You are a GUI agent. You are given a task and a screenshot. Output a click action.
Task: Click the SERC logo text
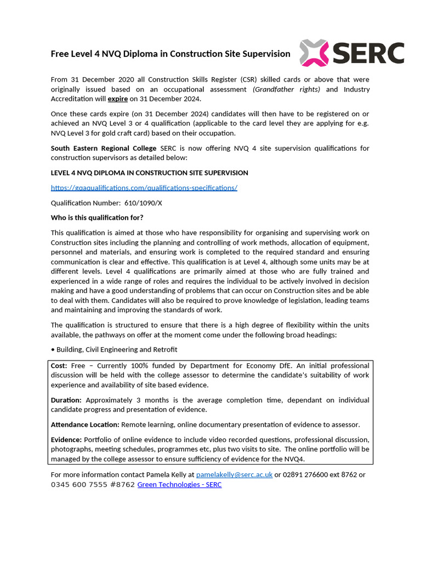coord(368,53)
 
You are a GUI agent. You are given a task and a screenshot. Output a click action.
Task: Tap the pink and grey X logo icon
coord(315,53)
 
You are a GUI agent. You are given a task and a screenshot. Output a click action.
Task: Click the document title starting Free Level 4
coord(170,54)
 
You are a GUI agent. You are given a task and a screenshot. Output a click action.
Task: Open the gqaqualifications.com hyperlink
coord(144,187)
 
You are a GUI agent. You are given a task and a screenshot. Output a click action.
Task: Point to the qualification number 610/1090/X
coord(143,203)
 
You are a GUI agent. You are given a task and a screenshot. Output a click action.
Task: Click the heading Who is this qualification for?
coord(97,217)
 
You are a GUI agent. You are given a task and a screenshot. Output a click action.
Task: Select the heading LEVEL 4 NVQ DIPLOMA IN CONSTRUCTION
coord(149,173)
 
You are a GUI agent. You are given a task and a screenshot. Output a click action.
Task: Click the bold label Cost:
coord(59,365)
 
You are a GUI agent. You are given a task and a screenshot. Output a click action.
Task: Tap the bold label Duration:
coord(66,400)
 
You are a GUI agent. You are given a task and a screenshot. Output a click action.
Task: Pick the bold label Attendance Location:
coord(85,425)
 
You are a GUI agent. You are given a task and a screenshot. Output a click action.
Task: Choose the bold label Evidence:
coord(66,439)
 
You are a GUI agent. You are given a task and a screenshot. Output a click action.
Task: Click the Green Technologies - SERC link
coord(179,485)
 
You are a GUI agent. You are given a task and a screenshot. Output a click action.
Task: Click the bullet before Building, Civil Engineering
coord(53,350)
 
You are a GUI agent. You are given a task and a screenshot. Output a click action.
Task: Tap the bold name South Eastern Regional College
coord(104,148)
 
